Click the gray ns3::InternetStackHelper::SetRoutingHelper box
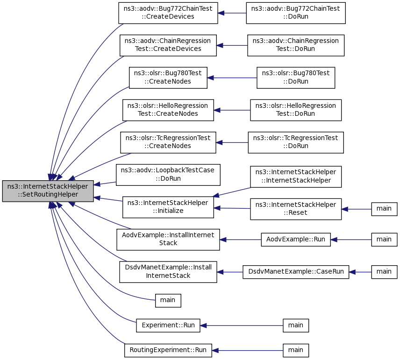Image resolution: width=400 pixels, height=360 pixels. (x=48, y=191)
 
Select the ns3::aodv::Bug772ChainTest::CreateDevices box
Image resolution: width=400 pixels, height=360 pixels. (x=168, y=13)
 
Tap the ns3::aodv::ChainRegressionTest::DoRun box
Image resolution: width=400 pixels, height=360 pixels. (x=296, y=45)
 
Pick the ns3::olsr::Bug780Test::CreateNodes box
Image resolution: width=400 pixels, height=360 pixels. (x=168, y=78)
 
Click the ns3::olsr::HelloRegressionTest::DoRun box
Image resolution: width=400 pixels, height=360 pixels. (x=296, y=110)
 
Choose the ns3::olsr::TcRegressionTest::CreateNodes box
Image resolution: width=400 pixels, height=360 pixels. (x=168, y=142)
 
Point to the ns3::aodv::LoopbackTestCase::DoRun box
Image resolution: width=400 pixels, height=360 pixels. (x=168, y=175)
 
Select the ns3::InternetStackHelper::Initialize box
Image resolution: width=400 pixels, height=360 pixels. (x=168, y=207)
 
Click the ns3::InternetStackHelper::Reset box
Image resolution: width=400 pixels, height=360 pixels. (x=296, y=209)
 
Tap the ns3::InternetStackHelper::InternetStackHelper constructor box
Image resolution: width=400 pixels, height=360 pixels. (x=296, y=176)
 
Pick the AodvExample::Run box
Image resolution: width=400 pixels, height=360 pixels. (x=296, y=240)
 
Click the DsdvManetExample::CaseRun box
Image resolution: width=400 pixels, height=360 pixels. (x=296, y=272)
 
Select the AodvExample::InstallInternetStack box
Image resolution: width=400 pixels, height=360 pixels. (x=168, y=240)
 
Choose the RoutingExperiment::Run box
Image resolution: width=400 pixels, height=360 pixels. (x=168, y=351)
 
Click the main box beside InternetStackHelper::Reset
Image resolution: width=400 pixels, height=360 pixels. (x=384, y=209)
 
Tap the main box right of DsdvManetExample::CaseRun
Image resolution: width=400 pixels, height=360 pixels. (x=384, y=272)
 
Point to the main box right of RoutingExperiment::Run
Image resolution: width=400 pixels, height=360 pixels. (x=296, y=351)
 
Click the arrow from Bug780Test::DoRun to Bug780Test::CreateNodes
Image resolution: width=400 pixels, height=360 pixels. (x=232, y=78)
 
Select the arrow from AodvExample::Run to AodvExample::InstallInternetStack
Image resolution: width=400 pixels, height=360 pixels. (x=240, y=240)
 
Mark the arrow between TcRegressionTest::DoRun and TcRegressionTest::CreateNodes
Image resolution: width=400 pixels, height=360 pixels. (x=232, y=142)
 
